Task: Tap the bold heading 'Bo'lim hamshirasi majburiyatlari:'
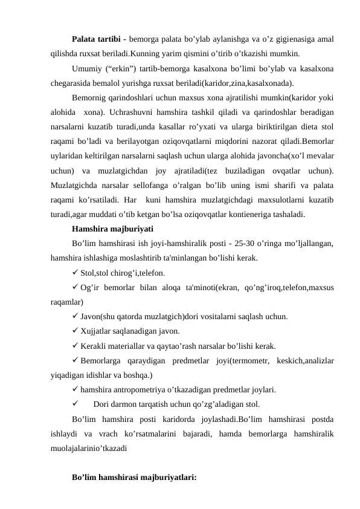point(134,477)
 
